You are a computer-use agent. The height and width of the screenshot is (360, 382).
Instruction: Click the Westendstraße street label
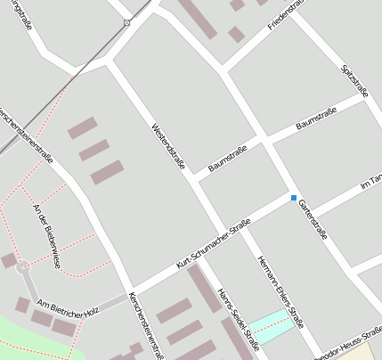point(167,147)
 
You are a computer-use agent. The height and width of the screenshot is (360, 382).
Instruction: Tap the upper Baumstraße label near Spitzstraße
point(316,122)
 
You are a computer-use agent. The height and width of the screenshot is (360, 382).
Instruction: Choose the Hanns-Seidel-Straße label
point(239,319)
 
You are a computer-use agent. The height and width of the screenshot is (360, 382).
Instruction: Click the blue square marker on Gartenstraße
point(293,198)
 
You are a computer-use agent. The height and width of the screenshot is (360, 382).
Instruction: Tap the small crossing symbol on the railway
point(126,22)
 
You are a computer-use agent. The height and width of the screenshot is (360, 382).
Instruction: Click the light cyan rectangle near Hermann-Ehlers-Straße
point(271,325)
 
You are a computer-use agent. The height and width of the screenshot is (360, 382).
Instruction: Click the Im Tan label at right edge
point(370,181)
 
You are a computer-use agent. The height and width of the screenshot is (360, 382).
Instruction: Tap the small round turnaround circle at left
point(23,266)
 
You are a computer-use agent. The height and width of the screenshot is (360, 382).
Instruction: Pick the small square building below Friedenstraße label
point(236,35)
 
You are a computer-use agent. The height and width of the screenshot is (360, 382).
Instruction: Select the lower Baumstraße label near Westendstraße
point(227,159)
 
